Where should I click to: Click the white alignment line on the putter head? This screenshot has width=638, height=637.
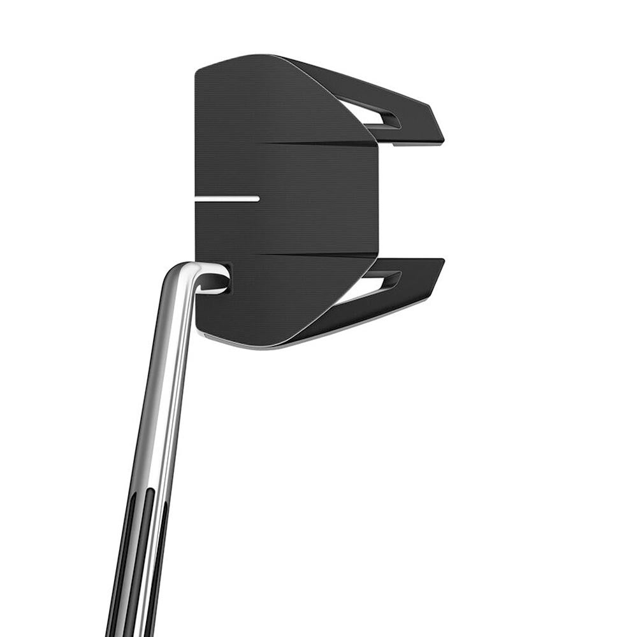click(x=227, y=198)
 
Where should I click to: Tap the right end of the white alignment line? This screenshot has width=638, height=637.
click(x=257, y=198)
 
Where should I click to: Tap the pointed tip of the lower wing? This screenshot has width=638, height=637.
click(x=442, y=261)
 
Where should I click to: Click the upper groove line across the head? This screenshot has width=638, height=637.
click(x=319, y=143)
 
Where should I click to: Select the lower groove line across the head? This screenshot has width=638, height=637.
click(x=319, y=255)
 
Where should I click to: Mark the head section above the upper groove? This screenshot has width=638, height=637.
click(x=268, y=102)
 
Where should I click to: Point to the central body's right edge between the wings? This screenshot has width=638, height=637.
click(x=377, y=197)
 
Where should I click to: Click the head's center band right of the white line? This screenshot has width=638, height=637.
click(x=319, y=198)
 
